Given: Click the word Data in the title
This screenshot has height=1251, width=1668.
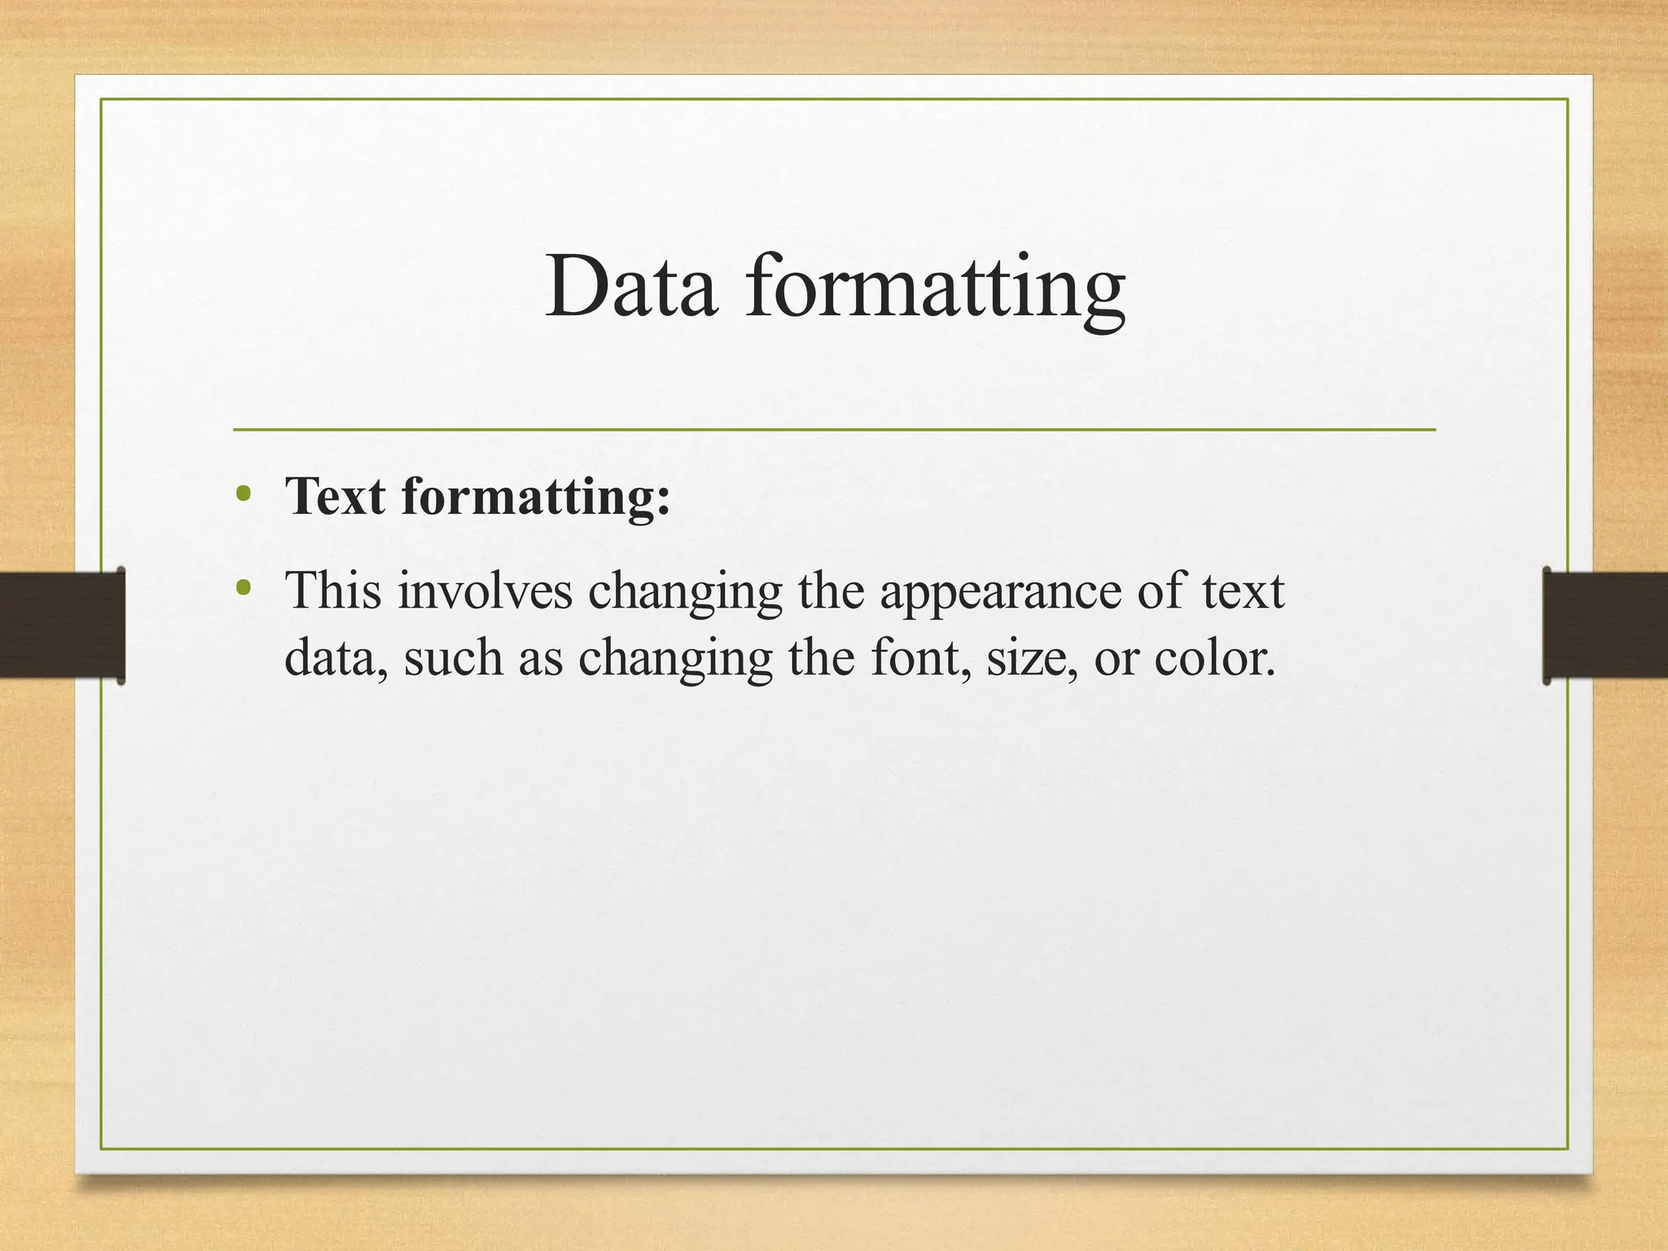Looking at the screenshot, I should pyautogui.click(x=631, y=287).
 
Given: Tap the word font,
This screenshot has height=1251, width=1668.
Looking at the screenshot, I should pyautogui.click(x=921, y=657).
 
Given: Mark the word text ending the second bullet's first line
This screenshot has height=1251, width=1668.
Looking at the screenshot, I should pyautogui.click(x=1243, y=591).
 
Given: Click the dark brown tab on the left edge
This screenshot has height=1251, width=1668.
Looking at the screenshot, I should pyautogui.click(x=62, y=625).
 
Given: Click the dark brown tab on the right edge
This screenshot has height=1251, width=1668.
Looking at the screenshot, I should pyautogui.click(x=1604, y=625).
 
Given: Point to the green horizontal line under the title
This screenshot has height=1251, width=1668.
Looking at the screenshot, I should pyautogui.click(x=834, y=429).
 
